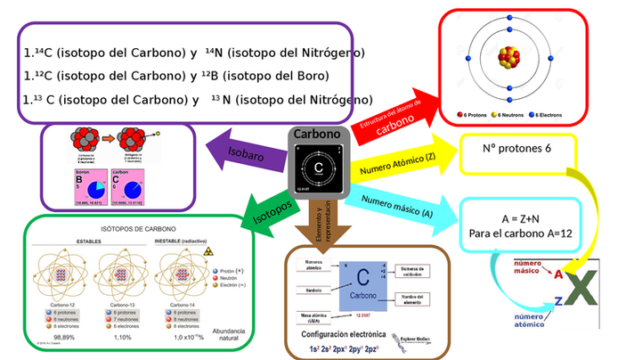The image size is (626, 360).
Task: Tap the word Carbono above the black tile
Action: coord(317,135)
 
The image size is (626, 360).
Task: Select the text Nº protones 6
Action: coord(516,148)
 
